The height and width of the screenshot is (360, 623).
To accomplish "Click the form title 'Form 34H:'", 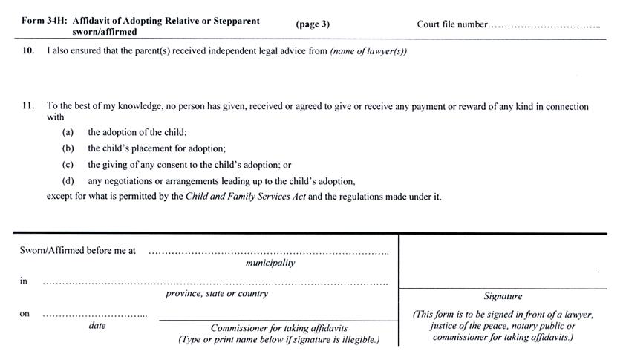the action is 43,21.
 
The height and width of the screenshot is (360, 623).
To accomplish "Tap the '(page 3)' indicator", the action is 313,24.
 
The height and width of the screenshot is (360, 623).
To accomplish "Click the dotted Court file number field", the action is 544,27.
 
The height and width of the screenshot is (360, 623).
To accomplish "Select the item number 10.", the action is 28,51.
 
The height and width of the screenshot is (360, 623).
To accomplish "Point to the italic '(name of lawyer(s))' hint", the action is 368,51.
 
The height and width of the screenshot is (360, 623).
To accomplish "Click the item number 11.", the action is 28,105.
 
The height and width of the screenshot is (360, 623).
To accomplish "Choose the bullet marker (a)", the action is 68,132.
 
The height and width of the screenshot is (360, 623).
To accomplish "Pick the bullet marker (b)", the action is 68,148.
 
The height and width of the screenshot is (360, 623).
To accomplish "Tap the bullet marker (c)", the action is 68,165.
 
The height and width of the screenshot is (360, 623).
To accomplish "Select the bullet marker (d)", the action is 68,181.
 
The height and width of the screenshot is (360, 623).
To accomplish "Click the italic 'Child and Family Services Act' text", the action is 246,197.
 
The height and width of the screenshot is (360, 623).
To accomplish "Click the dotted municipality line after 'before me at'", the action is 269,253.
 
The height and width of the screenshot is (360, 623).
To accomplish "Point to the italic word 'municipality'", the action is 270,263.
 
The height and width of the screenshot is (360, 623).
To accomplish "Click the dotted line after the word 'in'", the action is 215,284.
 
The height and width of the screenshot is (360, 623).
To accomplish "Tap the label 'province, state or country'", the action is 217,294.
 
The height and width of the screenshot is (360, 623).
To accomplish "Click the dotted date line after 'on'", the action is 94,316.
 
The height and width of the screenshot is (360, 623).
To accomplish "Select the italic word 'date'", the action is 97,325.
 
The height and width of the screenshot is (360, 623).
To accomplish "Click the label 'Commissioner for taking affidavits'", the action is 279,328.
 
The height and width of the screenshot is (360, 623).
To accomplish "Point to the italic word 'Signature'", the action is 503,296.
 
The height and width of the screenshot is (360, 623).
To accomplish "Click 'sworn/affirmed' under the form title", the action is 105,32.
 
